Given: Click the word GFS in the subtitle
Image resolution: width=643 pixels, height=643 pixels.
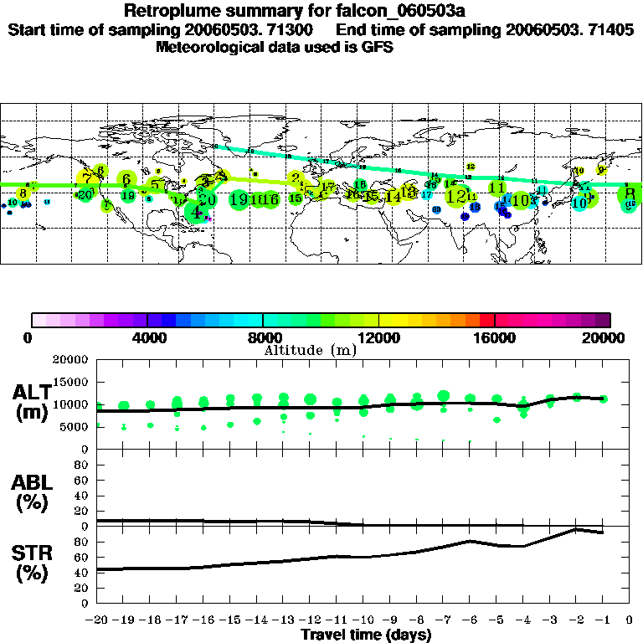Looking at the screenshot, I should pos(379,48).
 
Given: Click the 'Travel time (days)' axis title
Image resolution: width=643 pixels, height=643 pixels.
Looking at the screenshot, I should pos(366,635).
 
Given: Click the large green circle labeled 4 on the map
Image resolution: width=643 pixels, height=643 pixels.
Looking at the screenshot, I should pos(197,212).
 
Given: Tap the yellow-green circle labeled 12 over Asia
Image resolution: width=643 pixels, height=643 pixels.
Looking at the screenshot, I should pos(457,196).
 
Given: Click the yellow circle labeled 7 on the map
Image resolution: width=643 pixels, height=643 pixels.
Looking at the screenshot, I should pos(87,177).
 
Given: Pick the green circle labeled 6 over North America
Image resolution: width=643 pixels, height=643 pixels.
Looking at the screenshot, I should pos(126,179).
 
